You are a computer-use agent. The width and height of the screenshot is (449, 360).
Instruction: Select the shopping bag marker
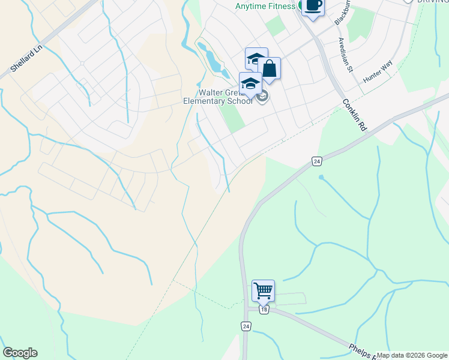point(270,69)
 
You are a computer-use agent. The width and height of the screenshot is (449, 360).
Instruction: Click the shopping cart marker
point(263,291)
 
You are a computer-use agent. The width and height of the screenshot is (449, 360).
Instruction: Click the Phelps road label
point(363,352)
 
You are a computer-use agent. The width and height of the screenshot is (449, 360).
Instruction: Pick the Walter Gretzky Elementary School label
point(217,97)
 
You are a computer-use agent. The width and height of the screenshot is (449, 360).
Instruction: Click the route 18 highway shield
point(264,310)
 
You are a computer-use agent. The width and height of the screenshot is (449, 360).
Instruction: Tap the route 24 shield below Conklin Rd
point(316,161)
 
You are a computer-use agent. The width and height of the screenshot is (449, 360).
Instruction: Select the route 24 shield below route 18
point(246,326)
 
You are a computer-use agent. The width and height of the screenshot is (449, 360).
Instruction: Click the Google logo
point(20,353)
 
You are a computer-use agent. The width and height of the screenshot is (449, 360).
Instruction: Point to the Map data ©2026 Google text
point(412,355)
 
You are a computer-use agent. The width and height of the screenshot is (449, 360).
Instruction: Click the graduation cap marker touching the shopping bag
point(256,59)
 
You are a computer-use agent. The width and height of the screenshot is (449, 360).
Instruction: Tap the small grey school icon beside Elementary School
point(262,97)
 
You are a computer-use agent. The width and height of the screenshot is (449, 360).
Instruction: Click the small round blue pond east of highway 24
point(321,177)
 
